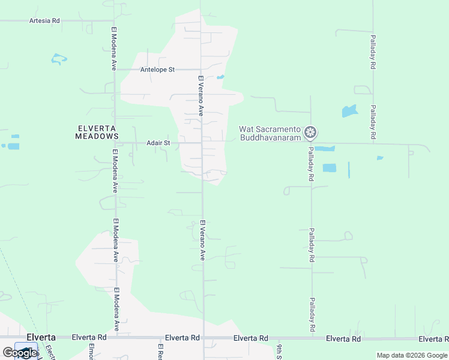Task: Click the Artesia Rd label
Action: pyautogui.click(x=44, y=20)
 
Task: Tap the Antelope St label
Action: pyautogui.click(x=157, y=70)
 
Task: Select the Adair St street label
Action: pyautogui.click(x=158, y=143)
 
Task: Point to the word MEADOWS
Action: pyautogui.click(x=97, y=136)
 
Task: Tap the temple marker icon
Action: pyautogui.click(x=310, y=132)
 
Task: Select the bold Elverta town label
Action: pyautogui.click(x=41, y=337)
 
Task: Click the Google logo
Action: pyautogui.click(x=20, y=353)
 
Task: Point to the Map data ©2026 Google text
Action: pyautogui.click(x=412, y=355)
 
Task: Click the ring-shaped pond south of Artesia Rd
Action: pyautogui.click(x=59, y=59)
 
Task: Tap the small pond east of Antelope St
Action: pyautogui.click(x=220, y=77)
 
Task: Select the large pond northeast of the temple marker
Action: pyautogui.click(x=349, y=111)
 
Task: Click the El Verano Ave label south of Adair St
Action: pyautogui.click(x=202, y=240)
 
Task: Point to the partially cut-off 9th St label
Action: pyautogui.click(x=279, y=350)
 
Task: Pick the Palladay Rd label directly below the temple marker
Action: pyautogui.click(x=311, y=164)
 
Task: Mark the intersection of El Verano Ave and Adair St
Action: pyautogui.click(x=202, y=143)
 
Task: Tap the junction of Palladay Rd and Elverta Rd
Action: pyautogui.click(x=312, y=338)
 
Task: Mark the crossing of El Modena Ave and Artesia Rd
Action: pyautogui.click(x=113, y=20)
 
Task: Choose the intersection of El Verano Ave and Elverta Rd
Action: pyautogui.click(x=203, y=338)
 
